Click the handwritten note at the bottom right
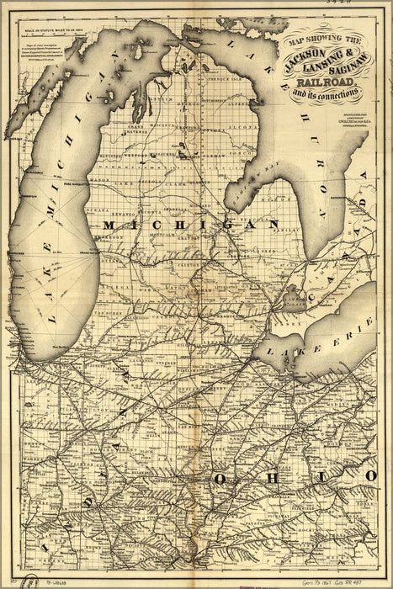click(x=337, y=581)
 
